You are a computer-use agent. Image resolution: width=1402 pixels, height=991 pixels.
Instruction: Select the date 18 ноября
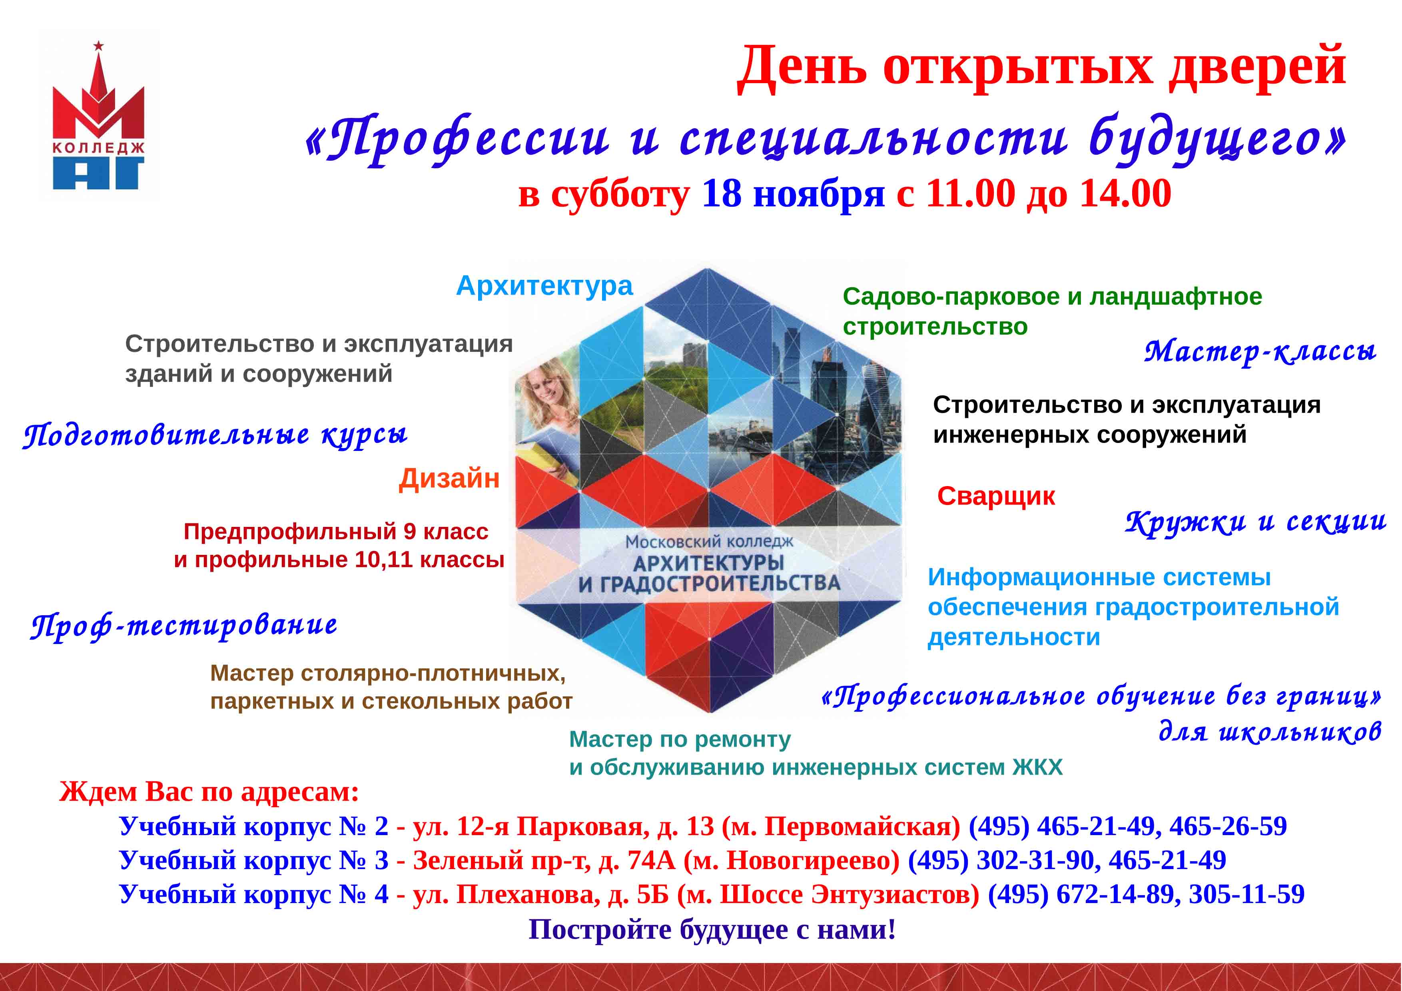793,194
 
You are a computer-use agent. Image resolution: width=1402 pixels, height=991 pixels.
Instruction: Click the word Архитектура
544,286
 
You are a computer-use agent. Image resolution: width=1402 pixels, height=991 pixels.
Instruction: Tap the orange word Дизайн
449,478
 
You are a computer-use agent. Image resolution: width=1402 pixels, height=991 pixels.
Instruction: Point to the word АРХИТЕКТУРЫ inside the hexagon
708,562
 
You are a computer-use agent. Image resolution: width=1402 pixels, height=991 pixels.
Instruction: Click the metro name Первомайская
858,826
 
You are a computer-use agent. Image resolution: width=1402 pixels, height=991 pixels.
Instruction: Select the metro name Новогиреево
812,860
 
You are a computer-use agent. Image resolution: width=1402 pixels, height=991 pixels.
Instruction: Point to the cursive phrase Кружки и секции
1255,522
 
